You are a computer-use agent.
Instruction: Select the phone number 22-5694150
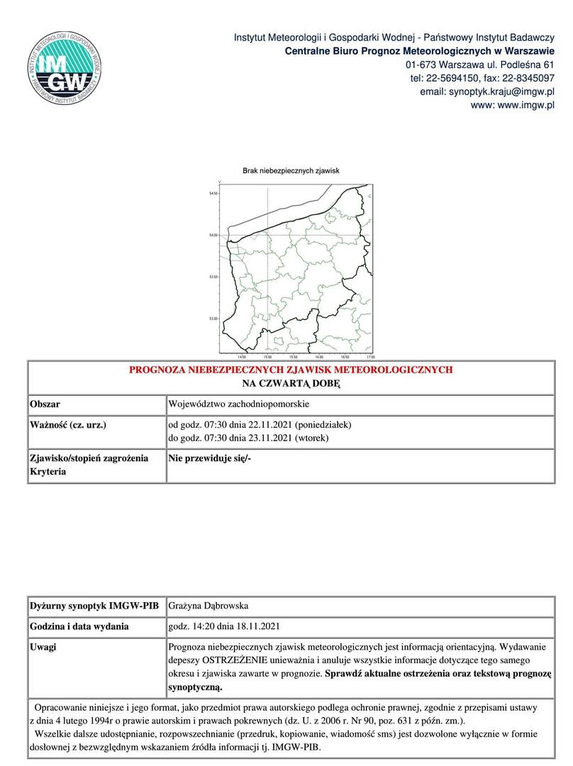click(x=456, y=78)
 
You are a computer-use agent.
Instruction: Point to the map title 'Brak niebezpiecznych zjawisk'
click(x=291, y=171)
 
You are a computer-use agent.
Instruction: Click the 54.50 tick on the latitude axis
click(x=213, y=193)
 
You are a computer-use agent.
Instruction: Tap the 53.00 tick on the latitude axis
click(x=213, y=318)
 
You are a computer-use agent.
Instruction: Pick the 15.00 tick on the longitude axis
click(x=267, y=357)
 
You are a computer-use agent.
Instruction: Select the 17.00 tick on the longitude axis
click(x=371, y=357)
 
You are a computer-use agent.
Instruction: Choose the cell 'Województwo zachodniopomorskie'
click(x=238, y=404)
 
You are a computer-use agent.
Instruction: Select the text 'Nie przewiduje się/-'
click(x=210, y=458)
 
